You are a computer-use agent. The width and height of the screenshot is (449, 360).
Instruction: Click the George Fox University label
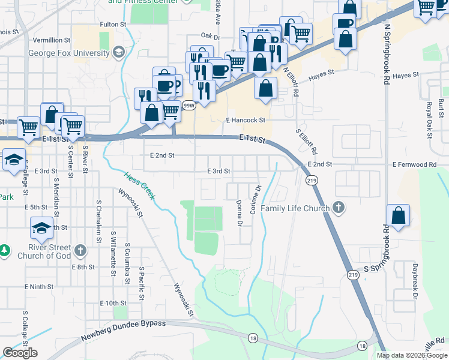pos(68,53)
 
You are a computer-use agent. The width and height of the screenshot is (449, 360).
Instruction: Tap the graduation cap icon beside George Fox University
pos(118,53)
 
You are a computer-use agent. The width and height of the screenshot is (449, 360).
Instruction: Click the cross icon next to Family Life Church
pos(339,208)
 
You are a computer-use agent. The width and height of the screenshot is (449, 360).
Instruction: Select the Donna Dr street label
pos(239,214)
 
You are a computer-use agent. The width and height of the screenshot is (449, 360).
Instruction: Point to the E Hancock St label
pos(246,120)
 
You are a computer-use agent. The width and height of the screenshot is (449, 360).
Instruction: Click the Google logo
pos(20,353)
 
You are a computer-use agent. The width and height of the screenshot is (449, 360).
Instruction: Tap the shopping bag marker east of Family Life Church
pos(399,215)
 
